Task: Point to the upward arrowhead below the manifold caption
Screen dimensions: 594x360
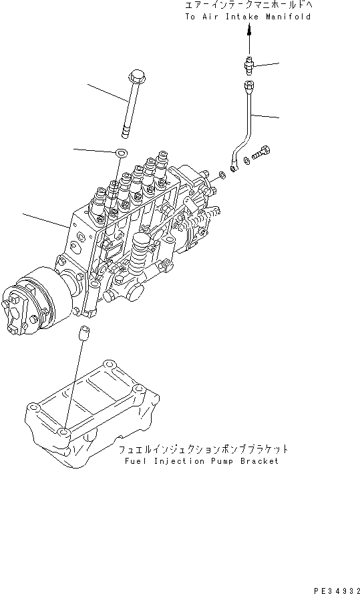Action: pyautogui.click(x=249, y=30)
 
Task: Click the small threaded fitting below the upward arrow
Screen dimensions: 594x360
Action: pyautogui.click(x=249, y=65)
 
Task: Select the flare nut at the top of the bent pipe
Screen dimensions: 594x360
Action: pyautogui.click(x=249, y=85)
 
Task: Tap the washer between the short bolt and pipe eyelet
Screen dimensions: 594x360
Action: pyautogui.click(x=246, y=160)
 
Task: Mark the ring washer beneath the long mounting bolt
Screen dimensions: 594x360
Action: pyautogui.click(x=120, y=153)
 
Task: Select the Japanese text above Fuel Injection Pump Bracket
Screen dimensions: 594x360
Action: pyautogui.click(x=204, y=449)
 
